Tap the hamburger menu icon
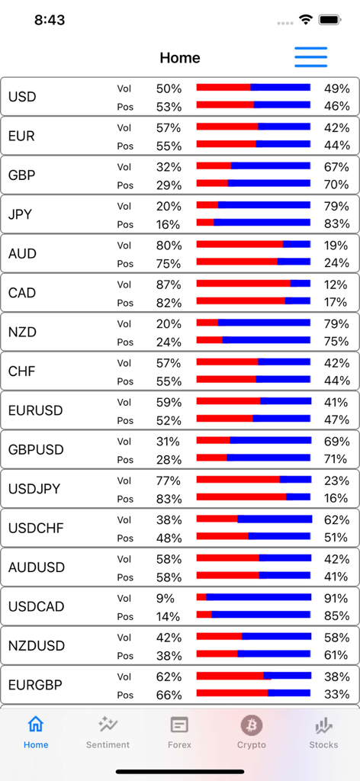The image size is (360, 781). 310,57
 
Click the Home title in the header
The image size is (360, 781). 180,58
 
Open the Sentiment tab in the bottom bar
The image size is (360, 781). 108,732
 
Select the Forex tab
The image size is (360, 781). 179,732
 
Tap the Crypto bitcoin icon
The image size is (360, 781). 252,725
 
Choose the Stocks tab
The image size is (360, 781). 323,732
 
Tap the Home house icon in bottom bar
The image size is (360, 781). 36,725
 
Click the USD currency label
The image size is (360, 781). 22,97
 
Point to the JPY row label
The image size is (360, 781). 21,214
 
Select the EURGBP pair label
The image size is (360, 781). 35,685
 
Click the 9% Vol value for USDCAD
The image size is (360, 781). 166,599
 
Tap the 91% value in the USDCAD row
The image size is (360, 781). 336,599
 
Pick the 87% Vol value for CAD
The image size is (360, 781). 169,284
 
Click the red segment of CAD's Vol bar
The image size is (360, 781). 243,284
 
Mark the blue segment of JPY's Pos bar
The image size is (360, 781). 262,223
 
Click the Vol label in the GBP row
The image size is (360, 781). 124,167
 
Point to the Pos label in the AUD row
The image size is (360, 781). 125,264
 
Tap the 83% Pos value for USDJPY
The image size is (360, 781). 169,499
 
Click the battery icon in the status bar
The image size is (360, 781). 329,20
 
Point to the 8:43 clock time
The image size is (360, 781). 50,21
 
